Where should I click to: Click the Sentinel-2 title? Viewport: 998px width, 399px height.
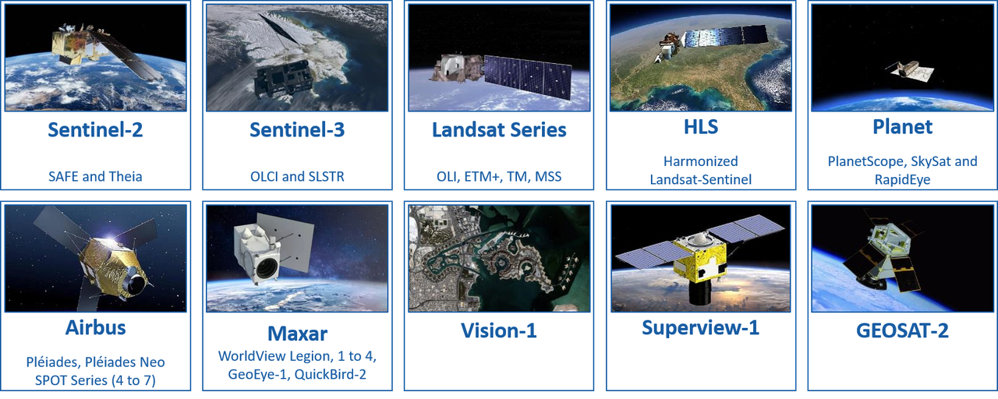[x=95, y=129]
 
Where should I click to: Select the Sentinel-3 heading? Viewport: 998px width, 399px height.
[x=297, y=129]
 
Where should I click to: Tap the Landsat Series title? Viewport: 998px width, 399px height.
[x=499, y=129]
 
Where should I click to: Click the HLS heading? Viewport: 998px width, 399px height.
[x=700, y=125]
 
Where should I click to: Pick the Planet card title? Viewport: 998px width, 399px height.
[x=903, y=125]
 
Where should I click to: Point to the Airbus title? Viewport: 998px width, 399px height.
[x=96, y=327]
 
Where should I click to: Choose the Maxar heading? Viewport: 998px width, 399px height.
[x=297, y=334]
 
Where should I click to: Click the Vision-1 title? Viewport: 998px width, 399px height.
[x=499, y=330]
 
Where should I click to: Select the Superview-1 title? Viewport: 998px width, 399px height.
[x=700, y=327]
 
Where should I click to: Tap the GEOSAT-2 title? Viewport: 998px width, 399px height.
[x=903, y=330]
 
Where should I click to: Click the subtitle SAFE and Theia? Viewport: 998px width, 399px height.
[x=95, y=176]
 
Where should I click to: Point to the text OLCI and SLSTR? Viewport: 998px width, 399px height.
[x=297, y=176]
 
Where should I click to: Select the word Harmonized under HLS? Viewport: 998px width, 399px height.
[x=700, y=161]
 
